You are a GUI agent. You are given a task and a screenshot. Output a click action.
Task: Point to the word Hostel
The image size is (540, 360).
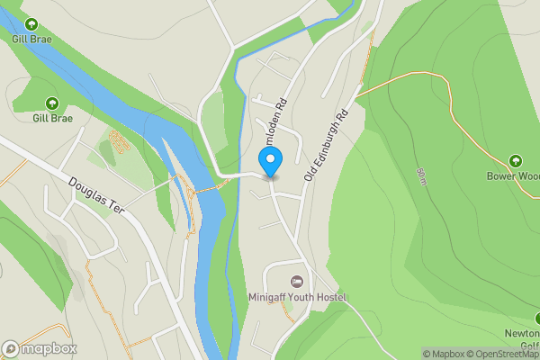[x=330, y=297]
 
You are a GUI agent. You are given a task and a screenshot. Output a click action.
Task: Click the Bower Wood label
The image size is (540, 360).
[x=512, y=176]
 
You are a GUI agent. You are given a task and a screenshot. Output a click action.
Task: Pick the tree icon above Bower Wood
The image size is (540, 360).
[x=515, y=161]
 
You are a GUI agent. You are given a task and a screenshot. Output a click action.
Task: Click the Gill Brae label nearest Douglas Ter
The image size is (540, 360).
[x=52, y=117]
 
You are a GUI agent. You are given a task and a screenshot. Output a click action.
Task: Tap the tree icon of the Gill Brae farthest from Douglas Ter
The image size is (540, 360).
[x=31, y=24]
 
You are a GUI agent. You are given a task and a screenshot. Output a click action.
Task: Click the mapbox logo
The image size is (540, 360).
[x=39, y=348]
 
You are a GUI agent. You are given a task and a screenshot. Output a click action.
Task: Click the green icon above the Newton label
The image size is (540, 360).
[x=536, y=318]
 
